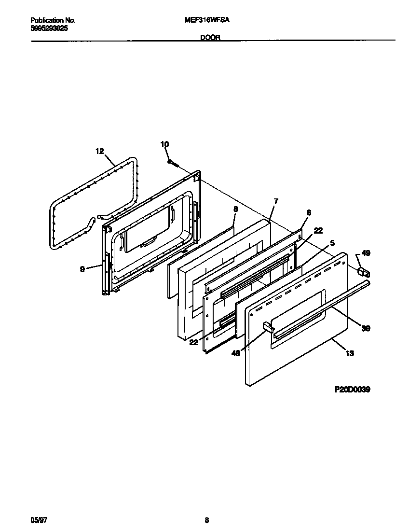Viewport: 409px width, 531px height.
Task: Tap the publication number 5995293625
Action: [x=49, y=28]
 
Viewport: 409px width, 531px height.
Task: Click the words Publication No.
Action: [x=53, y=21]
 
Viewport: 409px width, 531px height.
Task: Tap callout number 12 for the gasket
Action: [x=99, y=152]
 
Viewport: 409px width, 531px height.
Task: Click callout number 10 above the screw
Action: [x=164, y=144]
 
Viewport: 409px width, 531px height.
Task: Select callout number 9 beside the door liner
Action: [x=82, y=269]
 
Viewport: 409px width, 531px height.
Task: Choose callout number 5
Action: [x=332, y=243]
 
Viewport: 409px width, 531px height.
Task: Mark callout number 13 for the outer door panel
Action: [x=350, y=353]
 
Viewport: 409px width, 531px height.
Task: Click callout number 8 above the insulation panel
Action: [x=235, y=209]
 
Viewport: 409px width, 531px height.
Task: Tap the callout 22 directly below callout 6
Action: [x=318, y=231]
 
